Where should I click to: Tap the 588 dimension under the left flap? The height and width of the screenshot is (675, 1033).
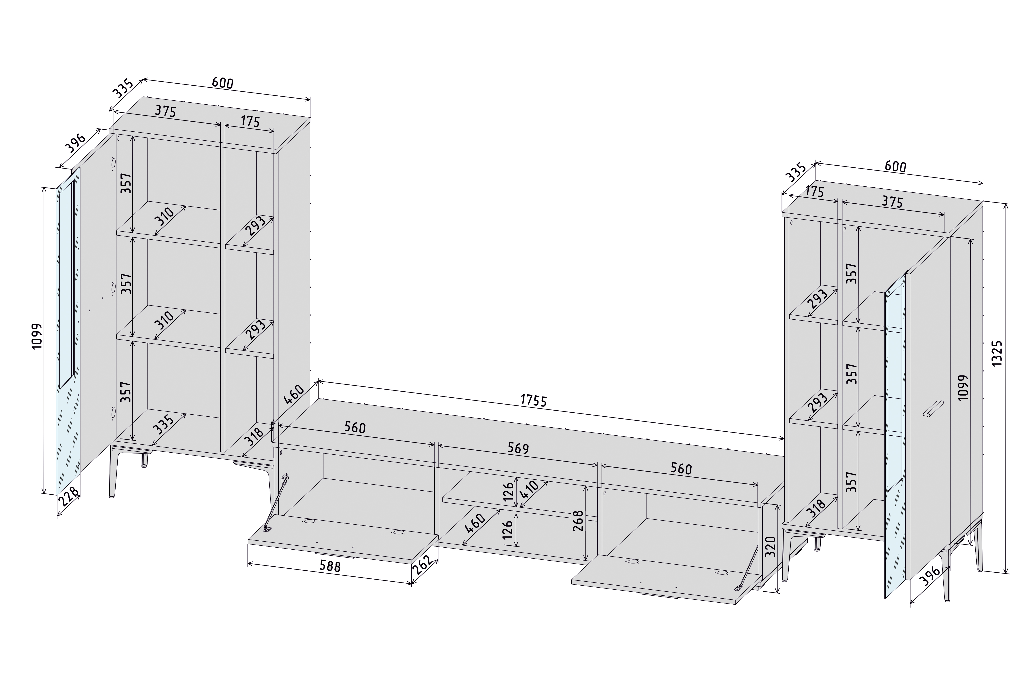tap(330, 566)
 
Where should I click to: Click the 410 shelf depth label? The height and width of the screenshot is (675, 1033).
tap(530, 491)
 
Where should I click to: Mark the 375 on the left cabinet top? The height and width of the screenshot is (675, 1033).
tap(165, 111)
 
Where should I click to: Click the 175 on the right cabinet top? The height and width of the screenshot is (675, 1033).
tap(814, 191)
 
